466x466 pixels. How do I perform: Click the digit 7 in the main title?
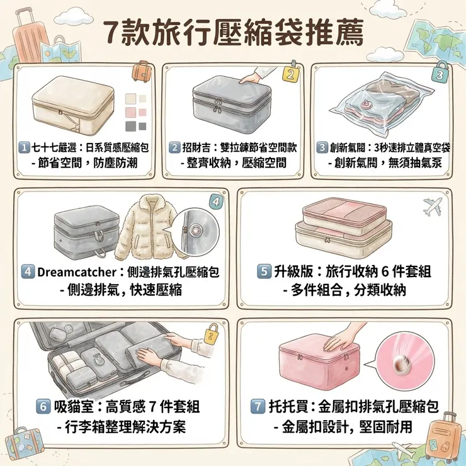112,33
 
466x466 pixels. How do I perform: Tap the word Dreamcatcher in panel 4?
77,272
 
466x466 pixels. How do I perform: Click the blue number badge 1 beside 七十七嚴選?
24,147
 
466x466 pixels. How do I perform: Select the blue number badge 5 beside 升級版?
264,271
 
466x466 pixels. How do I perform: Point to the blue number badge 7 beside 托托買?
258,406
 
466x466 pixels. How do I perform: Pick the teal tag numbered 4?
216,202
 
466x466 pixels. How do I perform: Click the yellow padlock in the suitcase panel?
212,334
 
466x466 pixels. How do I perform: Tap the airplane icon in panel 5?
433,206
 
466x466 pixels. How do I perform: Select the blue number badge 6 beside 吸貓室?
43,406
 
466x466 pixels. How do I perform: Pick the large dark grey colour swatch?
131,126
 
